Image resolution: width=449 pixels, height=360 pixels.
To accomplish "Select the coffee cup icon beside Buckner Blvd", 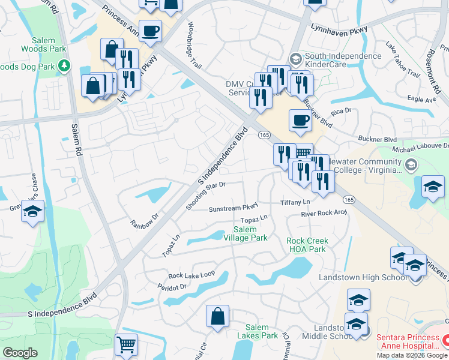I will [300, 119].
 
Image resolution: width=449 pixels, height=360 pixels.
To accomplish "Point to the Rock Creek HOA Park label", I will [306, 245].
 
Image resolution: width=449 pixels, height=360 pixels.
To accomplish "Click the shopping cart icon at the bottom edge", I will [126, 345].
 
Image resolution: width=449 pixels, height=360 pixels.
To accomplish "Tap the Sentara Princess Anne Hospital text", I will [408, 342].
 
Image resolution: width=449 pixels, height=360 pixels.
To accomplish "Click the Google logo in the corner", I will [20, 353].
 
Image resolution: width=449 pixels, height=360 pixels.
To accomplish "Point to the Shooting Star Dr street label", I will [205, 196].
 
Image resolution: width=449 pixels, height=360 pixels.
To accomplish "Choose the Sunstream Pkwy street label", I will [233, 208].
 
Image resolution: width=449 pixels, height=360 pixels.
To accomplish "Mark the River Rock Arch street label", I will [324, 214].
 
